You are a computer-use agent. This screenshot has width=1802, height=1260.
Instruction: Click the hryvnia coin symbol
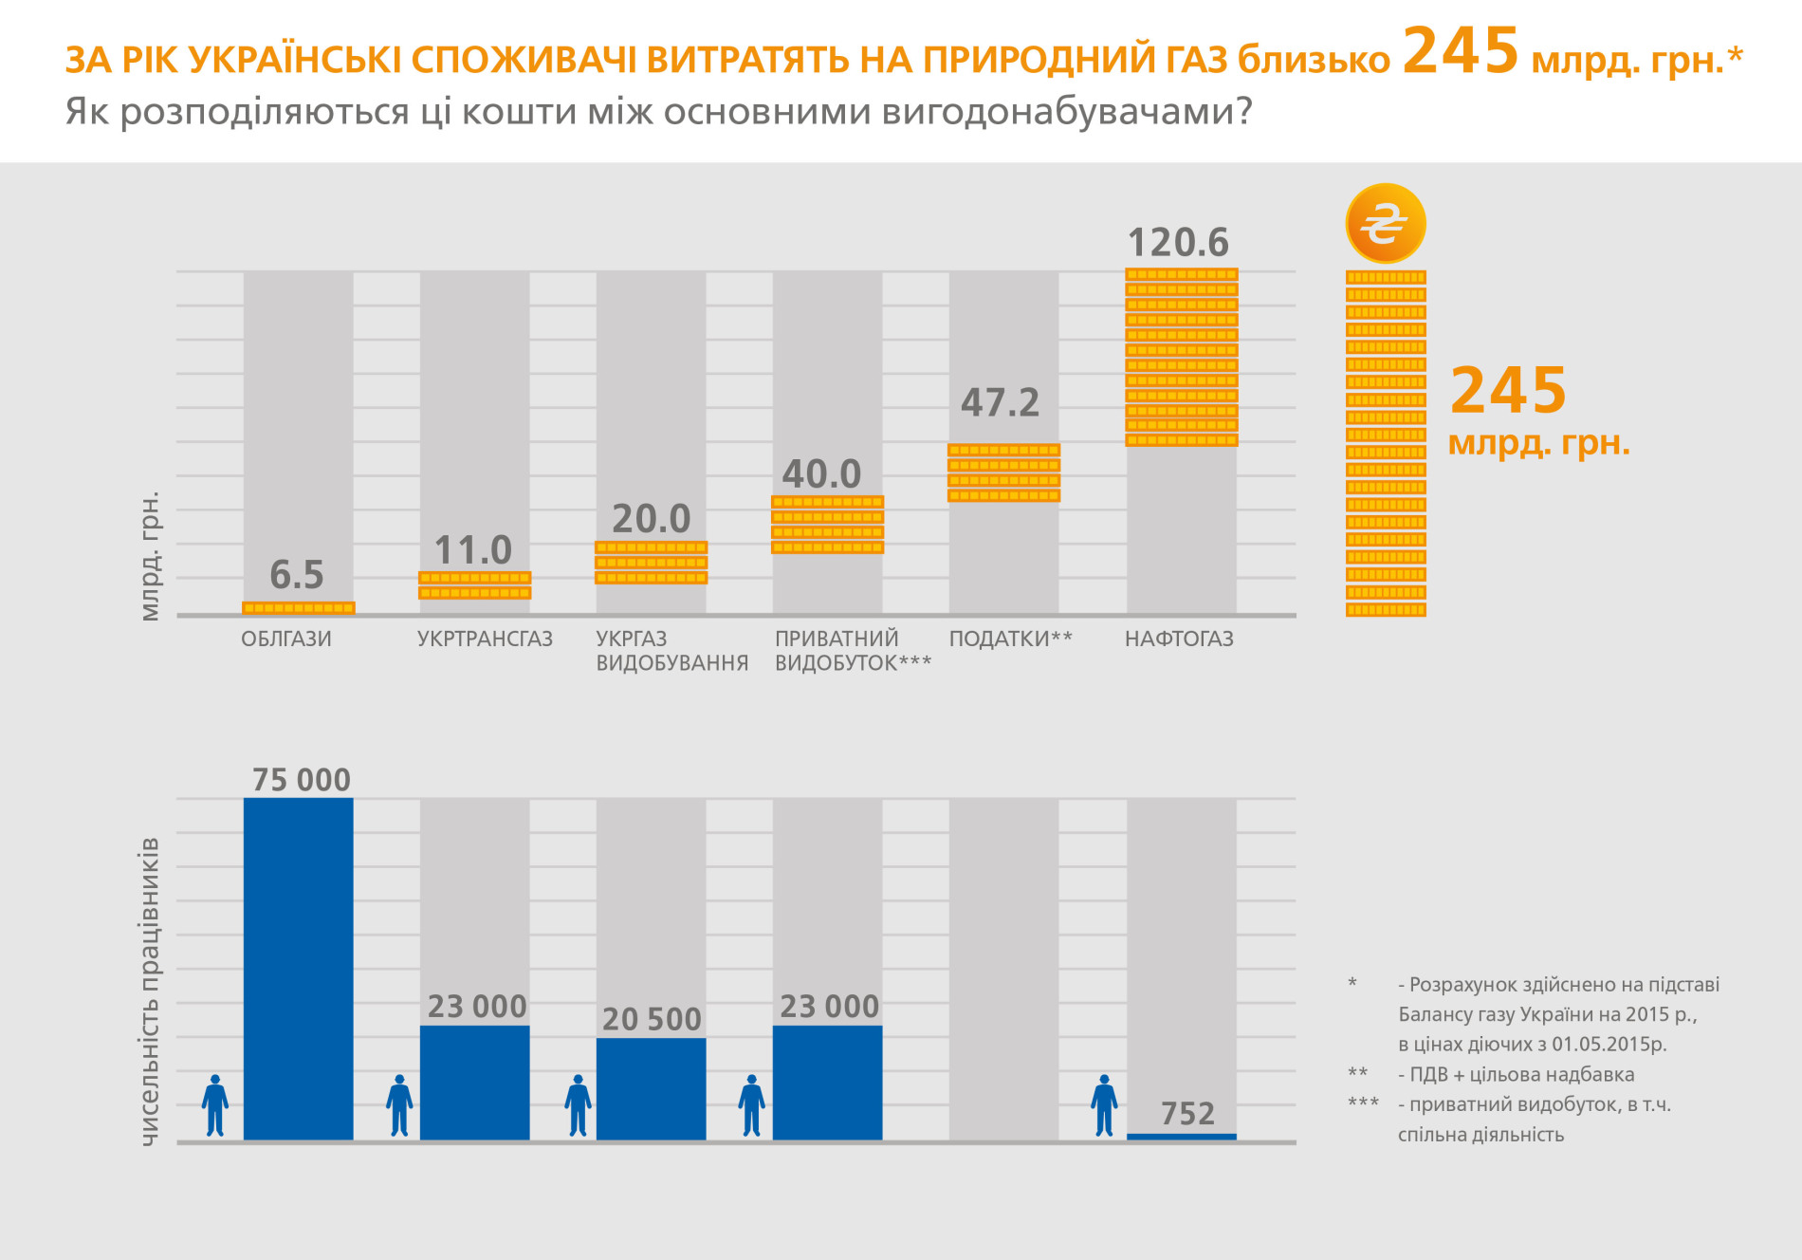pos(1385,223)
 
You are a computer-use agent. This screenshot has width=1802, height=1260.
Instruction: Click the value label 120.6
pos(1178,243)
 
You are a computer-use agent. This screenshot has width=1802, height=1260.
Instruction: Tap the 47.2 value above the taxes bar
pos(1001,402)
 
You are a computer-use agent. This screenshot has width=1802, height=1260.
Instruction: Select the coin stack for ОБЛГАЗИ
pos(299,608)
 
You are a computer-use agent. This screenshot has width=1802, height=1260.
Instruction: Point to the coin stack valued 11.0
pos(475,585)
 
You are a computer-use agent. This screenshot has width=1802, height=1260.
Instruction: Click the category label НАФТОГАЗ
pos(1179,639)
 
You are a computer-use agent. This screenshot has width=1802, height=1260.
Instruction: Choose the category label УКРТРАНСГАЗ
pos(485,639)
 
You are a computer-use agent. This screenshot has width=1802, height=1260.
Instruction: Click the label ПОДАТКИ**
pos(1011,639)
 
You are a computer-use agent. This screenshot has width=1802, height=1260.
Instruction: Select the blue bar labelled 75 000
pos(299,968)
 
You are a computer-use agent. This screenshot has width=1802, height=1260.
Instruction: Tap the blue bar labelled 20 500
pos(651,1088)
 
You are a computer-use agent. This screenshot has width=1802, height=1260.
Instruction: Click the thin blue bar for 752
pos(1182,1137)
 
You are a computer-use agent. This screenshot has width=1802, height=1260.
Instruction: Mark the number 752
pos(1187,1113)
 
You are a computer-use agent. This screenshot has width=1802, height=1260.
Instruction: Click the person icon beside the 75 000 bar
pos(215,1105)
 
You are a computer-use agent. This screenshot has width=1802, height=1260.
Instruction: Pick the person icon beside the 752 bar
pos(1104,1105)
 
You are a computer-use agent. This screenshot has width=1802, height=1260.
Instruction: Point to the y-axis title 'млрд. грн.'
pos(150,556)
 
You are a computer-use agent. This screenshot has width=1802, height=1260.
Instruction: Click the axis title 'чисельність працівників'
pos(150,991)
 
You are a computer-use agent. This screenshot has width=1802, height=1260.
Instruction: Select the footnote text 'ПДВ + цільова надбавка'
pos(1521,1074)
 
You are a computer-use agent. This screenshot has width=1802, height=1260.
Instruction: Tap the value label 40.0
pos(821,473)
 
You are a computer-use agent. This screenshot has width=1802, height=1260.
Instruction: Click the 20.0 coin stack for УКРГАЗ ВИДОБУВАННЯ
pos(651,563)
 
